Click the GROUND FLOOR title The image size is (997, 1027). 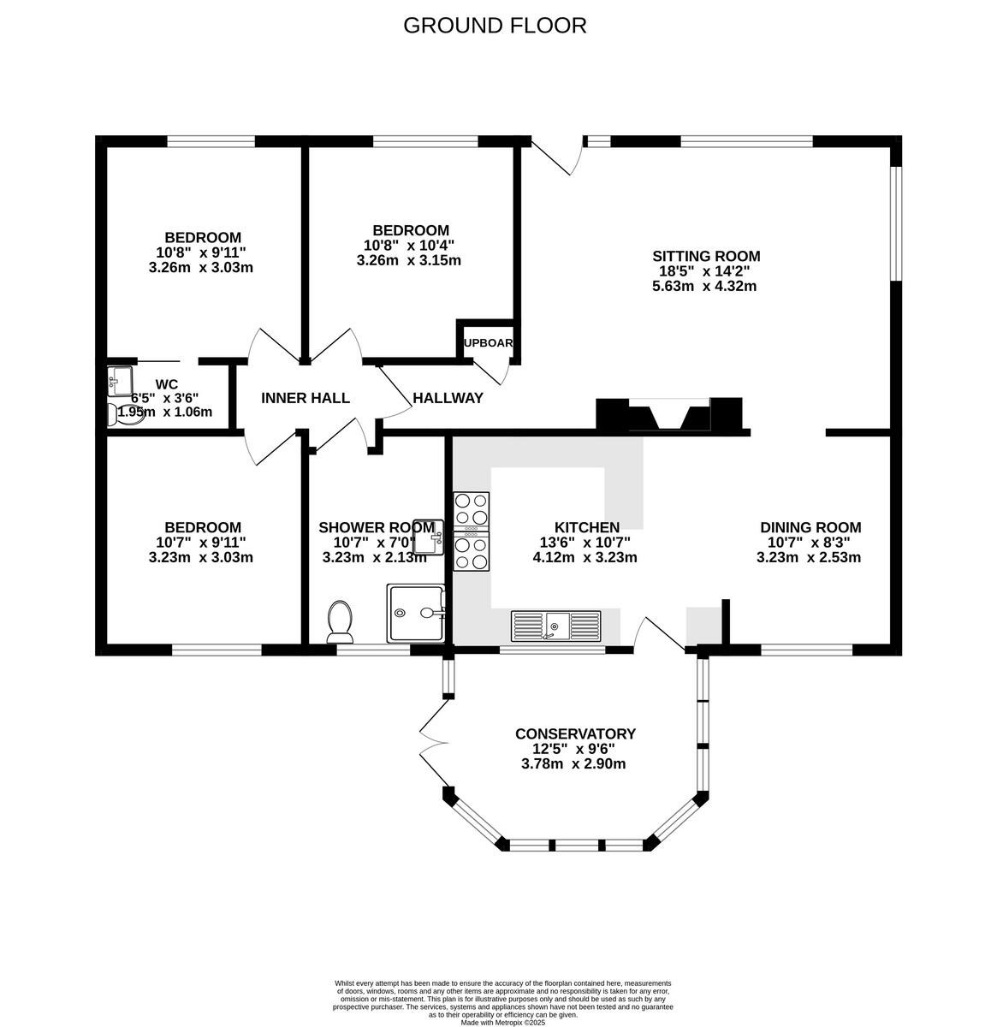click(x=495, y=26)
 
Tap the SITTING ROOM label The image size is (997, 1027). click(x=706, y=256)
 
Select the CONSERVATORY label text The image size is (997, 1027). click(x=575, y=733)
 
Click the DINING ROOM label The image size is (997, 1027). click(x=810, y=527)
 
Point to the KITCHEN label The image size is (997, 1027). click(x=586, y=527)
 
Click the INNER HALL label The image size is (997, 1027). click(x=306, y=398)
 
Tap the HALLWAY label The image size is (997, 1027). click(x=448, y=398)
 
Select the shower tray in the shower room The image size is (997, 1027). click(x=417, y=613)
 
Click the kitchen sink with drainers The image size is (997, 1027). click(x=556, y=626)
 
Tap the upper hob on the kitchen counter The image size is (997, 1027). click(x=472, y=511)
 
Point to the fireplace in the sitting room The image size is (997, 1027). click(x=669, y=416)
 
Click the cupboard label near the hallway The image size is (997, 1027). click(x=487, y=343)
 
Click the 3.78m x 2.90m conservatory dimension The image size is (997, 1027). click(x=573, y=763)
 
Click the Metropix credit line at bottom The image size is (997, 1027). click(x=502, y=1022)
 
